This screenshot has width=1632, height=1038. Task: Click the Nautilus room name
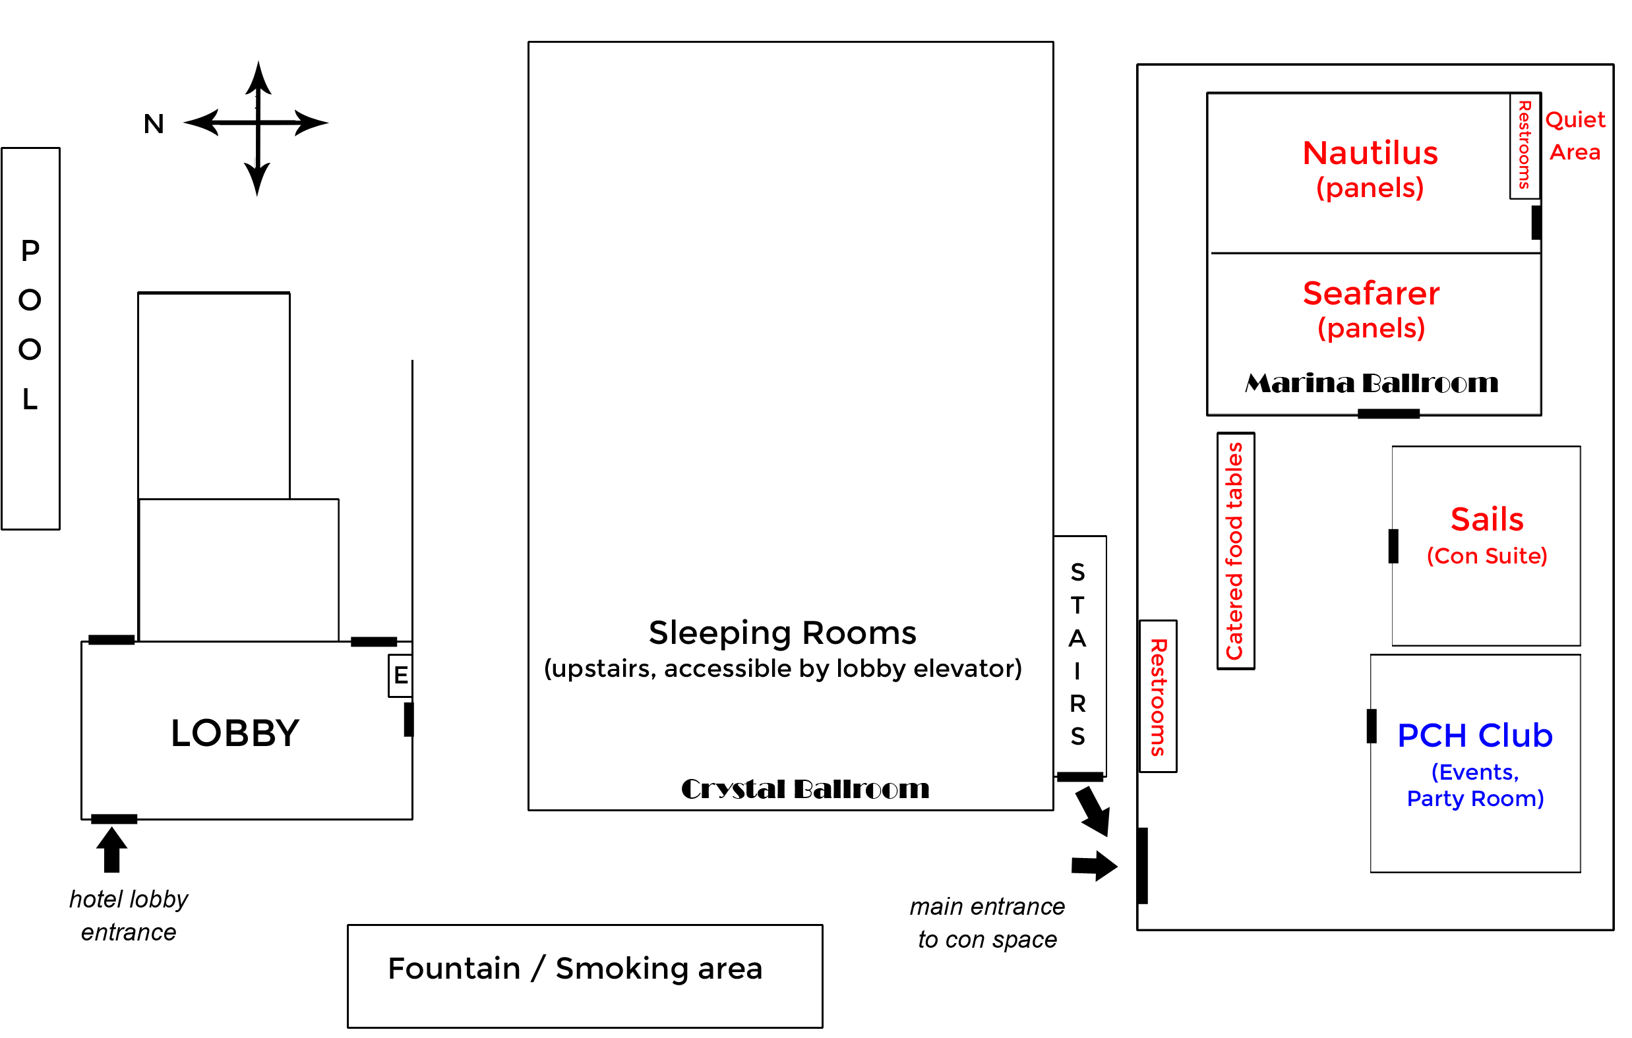coord(1370,153)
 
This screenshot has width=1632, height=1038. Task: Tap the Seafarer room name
coord(1370,293)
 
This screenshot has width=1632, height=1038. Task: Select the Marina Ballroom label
coord(1371,384)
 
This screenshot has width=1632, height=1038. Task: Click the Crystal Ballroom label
coord(804,789)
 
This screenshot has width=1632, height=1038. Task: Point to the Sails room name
coord(1486,520)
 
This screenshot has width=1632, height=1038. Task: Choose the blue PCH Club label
coord(1475,735)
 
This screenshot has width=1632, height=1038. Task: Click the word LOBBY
coord(235,733)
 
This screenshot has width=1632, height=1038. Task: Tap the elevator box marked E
coord(400,676)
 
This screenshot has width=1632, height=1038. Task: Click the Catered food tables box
coord(1235,551)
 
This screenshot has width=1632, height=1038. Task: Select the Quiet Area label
coord(1575,136)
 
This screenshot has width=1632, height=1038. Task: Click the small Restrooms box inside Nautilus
coord(1525,145)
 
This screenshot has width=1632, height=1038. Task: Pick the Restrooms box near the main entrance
coord(1158,697)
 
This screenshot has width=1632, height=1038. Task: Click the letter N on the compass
coord(154,124)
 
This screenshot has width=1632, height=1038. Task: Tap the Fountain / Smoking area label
coord(575,968)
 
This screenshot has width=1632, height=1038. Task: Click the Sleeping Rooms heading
coord(782,633)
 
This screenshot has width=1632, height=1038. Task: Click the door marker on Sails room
coord(1393,546)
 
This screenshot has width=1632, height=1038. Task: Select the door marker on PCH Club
coord(1371,726)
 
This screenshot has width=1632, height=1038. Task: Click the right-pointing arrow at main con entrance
coord(1094,866)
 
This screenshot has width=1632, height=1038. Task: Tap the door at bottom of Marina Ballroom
coord(1388,413)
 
